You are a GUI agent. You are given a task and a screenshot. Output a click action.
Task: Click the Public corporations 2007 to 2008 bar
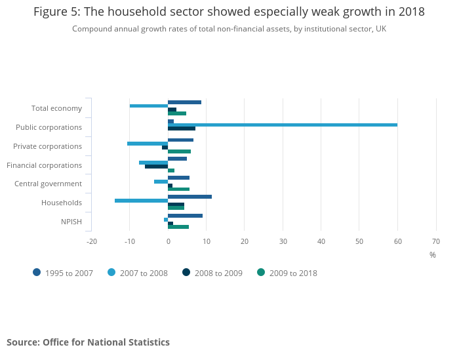click(282, 125)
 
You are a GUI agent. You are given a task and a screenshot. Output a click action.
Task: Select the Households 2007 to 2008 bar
click(141, 201)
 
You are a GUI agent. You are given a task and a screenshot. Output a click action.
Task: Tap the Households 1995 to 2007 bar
click(190, 197)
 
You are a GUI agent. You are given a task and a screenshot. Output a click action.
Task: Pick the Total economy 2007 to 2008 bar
click(149, 106)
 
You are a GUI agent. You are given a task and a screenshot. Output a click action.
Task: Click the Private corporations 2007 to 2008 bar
click(148, 144)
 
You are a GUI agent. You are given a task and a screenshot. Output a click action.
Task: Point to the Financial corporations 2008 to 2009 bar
click(156, 167)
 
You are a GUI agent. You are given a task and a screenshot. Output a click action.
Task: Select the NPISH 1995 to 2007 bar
click(185, 216)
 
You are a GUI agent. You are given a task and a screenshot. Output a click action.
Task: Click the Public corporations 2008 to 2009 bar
click(182, 129)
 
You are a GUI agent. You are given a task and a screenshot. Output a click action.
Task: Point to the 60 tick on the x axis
click(397, 241)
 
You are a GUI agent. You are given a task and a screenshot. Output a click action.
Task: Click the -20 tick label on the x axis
click(92, 241)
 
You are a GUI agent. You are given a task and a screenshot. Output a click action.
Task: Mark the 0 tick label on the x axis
click(168, 241)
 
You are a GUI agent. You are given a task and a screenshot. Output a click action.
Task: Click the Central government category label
click(48, 184)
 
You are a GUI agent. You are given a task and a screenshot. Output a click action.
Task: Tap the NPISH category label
click(71, 222)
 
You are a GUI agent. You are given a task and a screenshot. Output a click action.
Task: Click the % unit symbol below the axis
click(432, 254)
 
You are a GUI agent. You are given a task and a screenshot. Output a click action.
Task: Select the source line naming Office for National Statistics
click(88, 342)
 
